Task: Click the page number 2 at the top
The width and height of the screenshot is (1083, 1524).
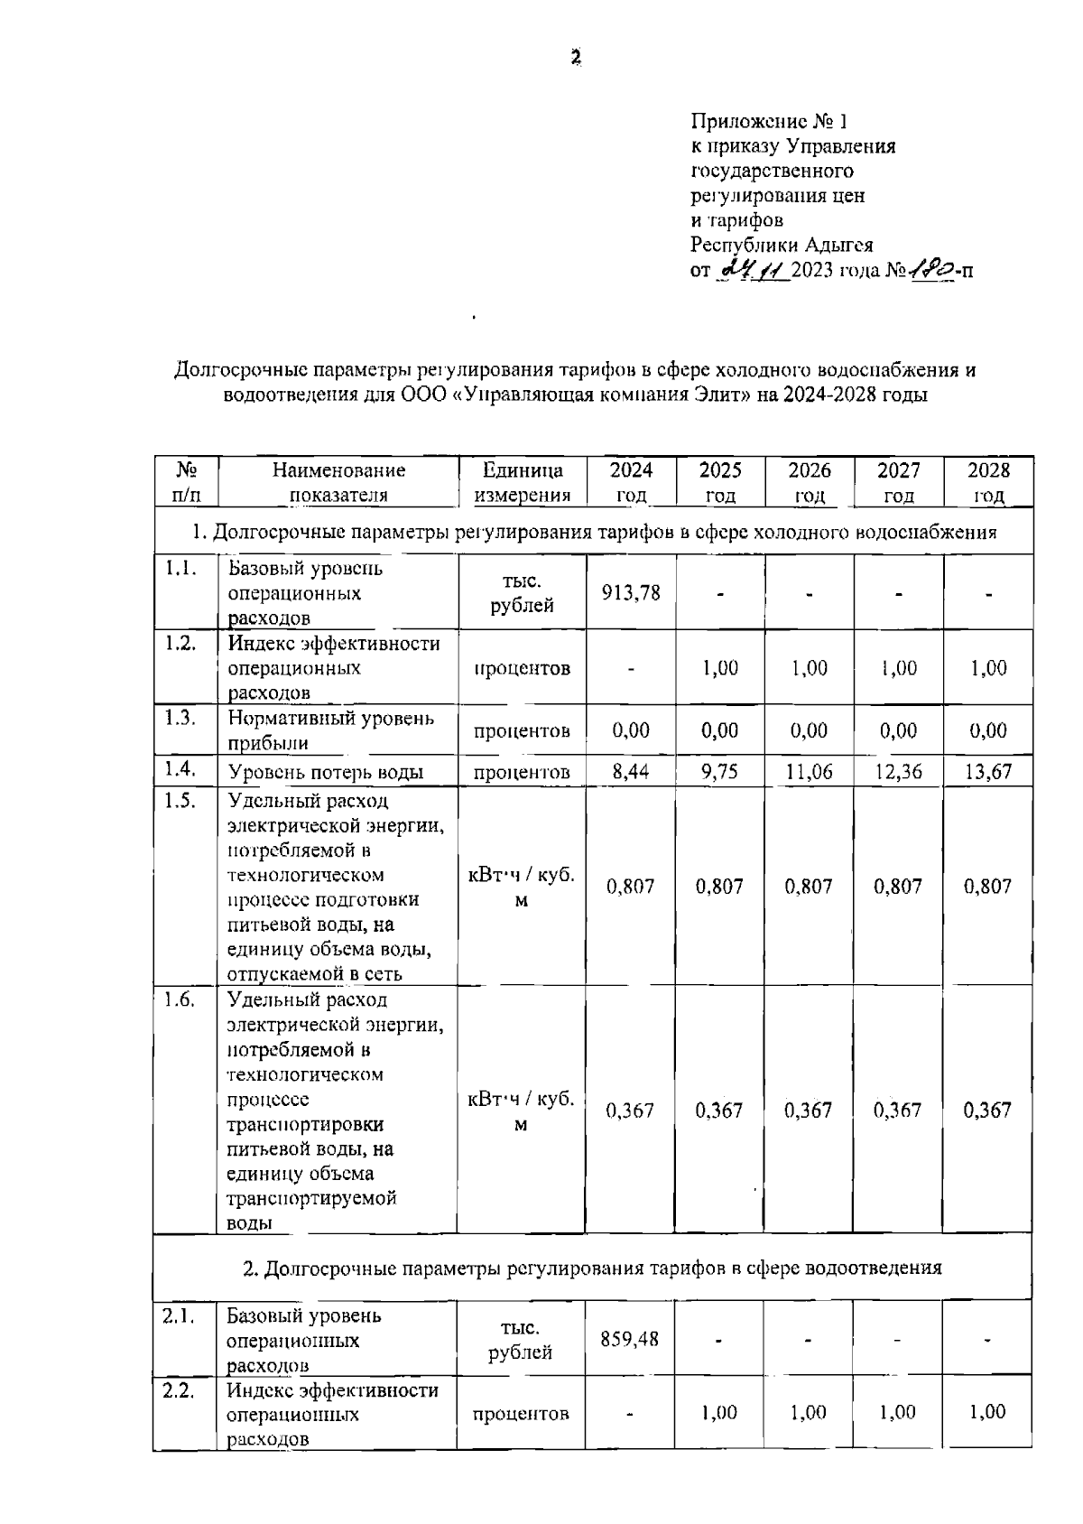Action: tap(575, 58)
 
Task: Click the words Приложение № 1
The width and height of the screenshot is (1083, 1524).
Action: tap(770, 121)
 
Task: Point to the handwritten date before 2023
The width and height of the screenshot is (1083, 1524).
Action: tap(751, 268)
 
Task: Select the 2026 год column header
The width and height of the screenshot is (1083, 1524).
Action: tap(809, 482)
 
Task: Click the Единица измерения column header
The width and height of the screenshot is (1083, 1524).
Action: tap(523, 482)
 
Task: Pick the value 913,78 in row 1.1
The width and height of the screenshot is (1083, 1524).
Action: tap(631, 592)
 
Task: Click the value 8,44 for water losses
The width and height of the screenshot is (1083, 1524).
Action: tap(630, 772)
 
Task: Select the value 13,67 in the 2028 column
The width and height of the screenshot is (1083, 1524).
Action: tap(988, 772)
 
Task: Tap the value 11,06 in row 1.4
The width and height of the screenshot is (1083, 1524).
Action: tap(809, 772)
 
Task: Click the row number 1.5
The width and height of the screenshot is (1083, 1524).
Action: tap(180, 801)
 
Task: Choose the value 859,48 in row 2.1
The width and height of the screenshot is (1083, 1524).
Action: tap(629, 1339)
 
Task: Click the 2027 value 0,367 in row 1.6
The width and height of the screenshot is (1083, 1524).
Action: tap(897, 1110)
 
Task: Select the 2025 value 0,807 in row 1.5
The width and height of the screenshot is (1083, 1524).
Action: tap(719, 887)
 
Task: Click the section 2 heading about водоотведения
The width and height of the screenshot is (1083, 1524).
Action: tap(593, 1268)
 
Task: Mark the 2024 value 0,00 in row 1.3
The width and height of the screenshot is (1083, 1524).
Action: tap(630, 730)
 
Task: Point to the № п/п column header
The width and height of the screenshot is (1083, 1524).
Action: tap(186, 482)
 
